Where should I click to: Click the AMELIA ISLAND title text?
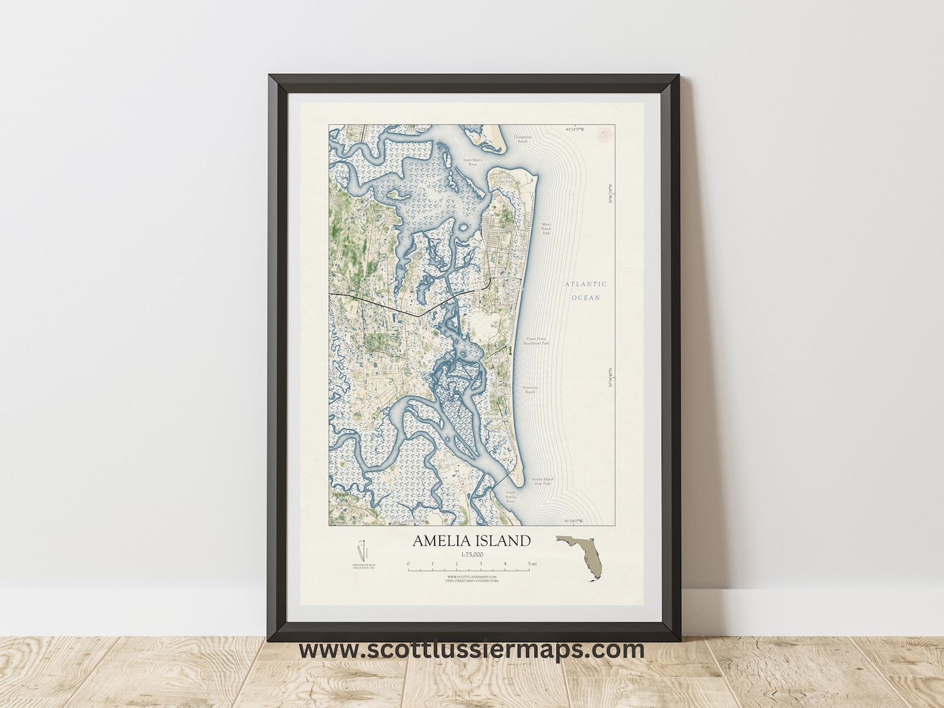[x=471, y=541]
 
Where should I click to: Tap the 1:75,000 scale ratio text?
[x=471, y=555]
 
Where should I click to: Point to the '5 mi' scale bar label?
[x=533, y=564]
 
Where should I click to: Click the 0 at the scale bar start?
[x=408, y=564]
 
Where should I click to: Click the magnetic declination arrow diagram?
[x=363, y=549]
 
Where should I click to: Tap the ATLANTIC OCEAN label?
[x=586, y=291]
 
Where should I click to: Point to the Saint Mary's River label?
[x=474, y=162]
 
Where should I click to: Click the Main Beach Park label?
[x=546, y=229]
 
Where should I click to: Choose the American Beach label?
[x=530, y=390]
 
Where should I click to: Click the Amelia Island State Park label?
[x=542, y=481]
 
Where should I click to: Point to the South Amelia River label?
[x=510, y=497]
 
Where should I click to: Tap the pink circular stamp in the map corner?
[x=606, y=135]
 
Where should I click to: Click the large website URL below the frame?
[x=471, y=649]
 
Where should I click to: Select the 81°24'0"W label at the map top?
[x=575, y=129]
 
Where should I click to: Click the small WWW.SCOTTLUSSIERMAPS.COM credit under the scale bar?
[x=471, y=577]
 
